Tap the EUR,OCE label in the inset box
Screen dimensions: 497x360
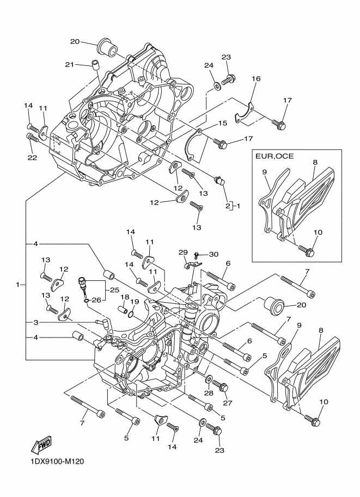275,156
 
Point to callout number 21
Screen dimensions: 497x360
69,64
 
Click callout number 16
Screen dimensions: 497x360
256,79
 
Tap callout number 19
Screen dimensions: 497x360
135,302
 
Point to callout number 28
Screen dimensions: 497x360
209,393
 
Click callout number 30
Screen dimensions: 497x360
214,254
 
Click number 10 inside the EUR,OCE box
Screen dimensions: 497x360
318,232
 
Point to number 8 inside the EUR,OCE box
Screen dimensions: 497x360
315,162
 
